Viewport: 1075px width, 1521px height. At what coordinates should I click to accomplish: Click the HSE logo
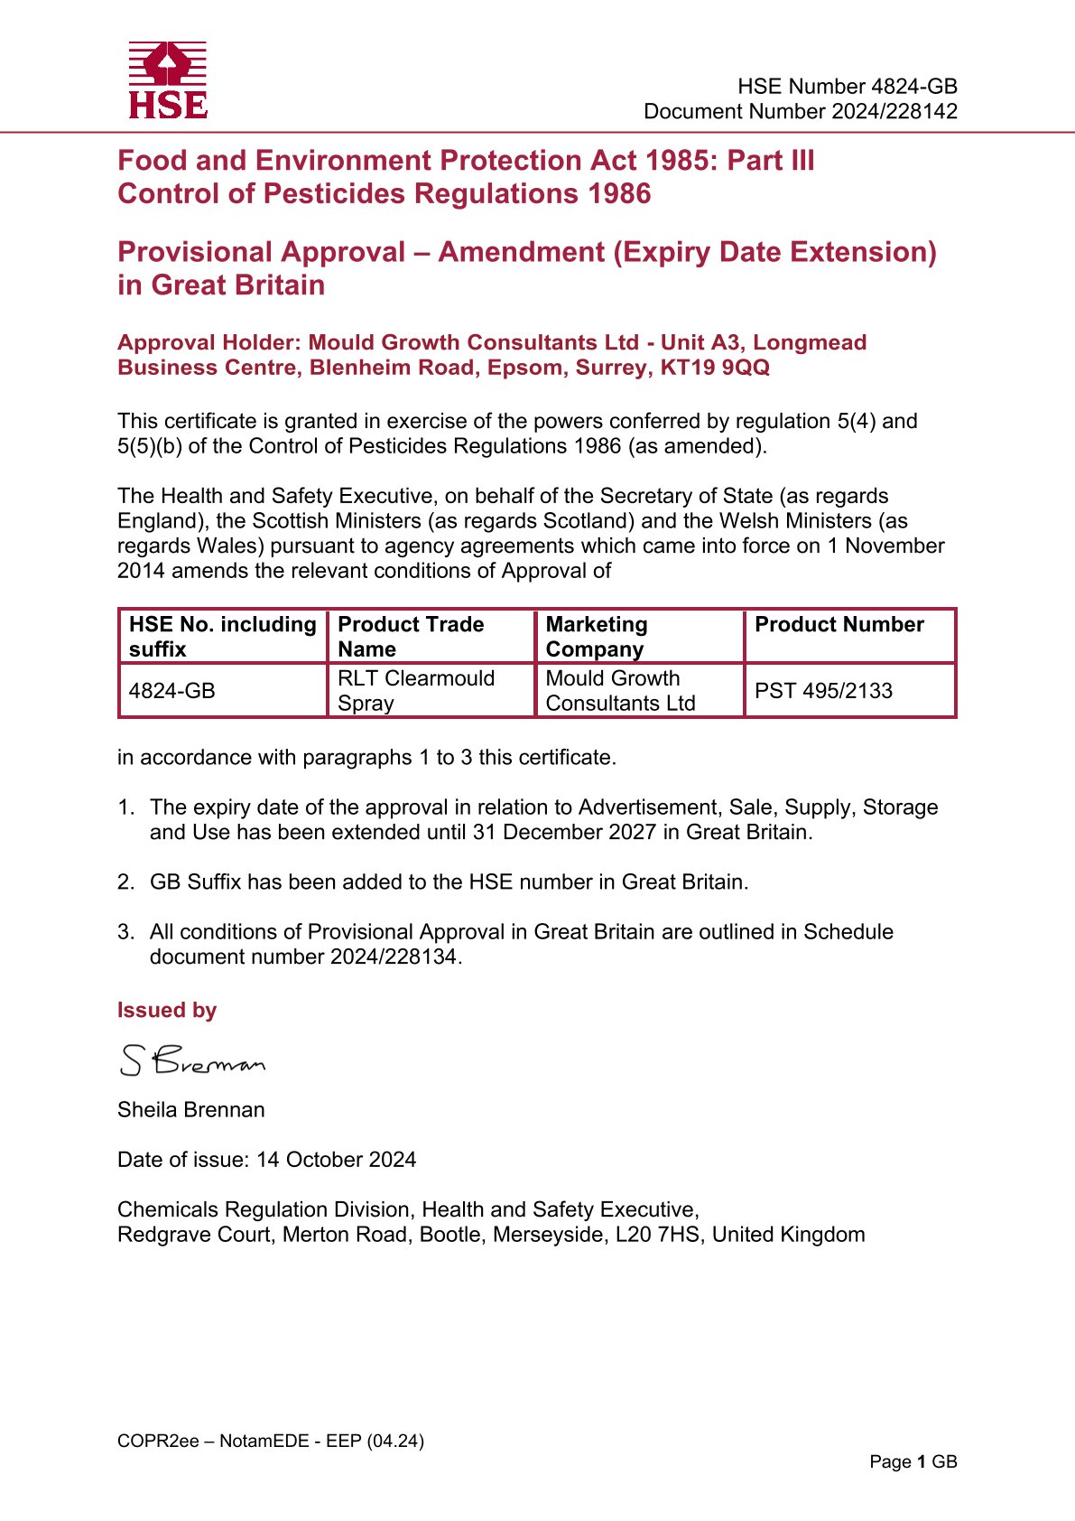(168, 80)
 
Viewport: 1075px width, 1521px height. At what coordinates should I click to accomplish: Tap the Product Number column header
(839, 625)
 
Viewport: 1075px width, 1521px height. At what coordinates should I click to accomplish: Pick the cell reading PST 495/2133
(823, 691)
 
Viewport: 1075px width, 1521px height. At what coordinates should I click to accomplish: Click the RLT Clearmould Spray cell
(416, 691)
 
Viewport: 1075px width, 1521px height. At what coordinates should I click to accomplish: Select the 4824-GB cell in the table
(172, 691)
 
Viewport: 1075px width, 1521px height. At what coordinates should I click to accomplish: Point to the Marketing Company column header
(597, 637)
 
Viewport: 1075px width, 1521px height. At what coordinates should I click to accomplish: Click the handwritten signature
(192, 1060)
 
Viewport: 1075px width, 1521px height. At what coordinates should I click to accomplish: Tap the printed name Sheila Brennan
(191, 1110)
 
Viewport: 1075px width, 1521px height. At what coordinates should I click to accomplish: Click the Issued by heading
(167, 1011)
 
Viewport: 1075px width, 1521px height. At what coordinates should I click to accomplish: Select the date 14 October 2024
(337, 1160)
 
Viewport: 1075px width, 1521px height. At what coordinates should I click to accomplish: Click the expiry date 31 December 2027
(564, 832)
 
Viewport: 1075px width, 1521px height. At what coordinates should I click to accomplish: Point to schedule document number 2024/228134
(394, 956)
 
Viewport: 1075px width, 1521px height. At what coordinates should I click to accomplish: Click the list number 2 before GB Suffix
(125, 882)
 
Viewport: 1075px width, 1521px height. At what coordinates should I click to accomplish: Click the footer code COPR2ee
(158, 1441)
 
